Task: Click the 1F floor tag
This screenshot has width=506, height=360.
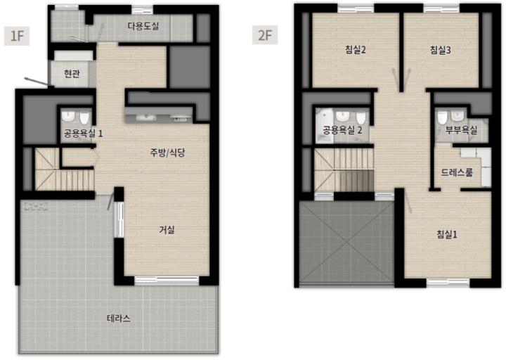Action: [x=17, y=36]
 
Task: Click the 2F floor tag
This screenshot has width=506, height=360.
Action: [x=265, y=35]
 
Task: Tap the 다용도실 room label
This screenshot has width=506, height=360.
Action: [x=143, y=26]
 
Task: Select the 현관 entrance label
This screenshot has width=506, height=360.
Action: [x=72, y=74]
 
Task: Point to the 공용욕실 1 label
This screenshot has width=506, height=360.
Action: [x=83, y=133]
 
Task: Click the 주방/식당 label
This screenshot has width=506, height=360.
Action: [x=167, y=153]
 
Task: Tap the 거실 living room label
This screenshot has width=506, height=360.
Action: [x=167, y=230]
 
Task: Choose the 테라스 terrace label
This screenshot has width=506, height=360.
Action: [x=119, y=319]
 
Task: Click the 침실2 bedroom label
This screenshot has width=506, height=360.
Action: [x=355, y=50]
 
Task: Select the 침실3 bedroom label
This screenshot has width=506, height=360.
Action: [x=441, y=50]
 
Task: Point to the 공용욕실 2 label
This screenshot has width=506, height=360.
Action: [x=342, y=130]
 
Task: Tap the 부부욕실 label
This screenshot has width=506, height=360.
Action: [x=461, y=130]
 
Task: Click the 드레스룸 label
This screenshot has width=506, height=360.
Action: [x=457, y=172]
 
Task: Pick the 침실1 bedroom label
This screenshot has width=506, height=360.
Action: [x=447, y=234]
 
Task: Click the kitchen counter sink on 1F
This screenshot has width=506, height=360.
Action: [x=146, y=117]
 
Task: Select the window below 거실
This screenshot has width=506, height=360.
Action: [x=167, y=281]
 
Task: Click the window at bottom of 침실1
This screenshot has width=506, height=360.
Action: [x=448, y=283]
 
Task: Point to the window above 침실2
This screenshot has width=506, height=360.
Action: [x=356, y=8]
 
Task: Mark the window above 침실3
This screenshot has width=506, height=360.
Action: [x=441, y=8]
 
